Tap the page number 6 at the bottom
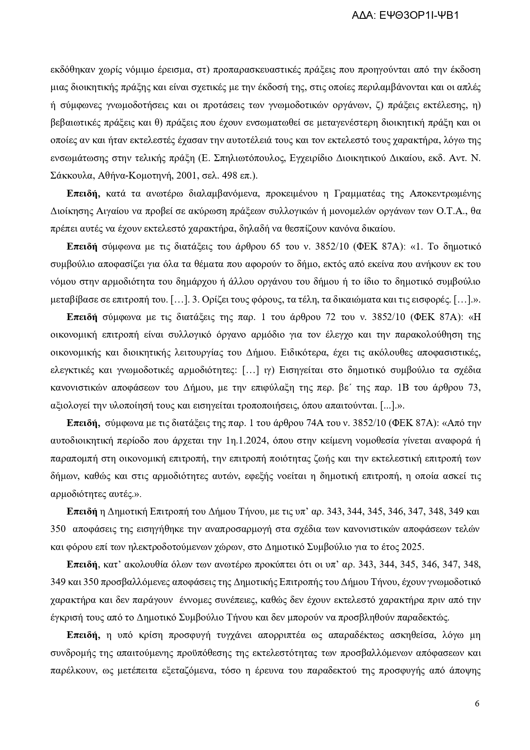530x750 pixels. [477, 704]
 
